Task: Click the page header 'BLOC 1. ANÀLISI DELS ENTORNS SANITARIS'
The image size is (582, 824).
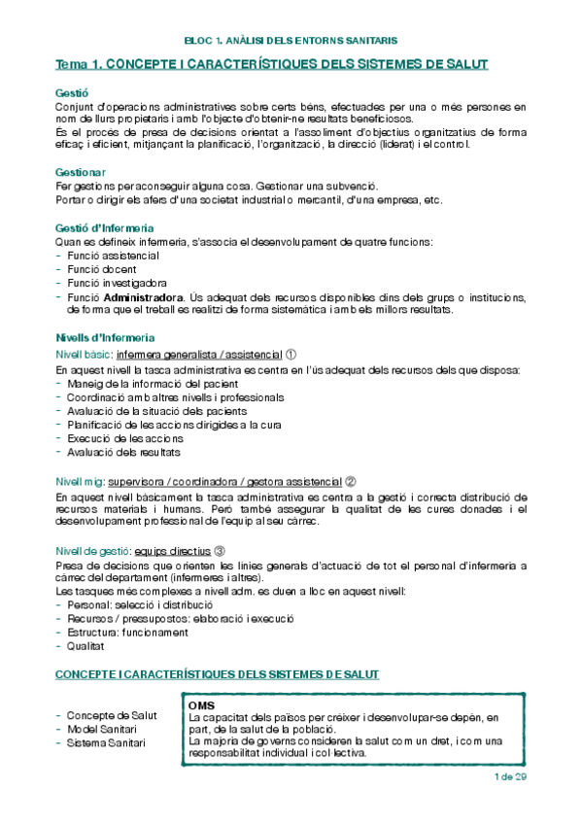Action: pos(290,41)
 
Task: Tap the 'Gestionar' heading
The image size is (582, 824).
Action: pos(82,172)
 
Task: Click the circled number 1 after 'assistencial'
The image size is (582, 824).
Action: pos(291,355)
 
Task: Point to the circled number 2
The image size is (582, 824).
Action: pos(351,481)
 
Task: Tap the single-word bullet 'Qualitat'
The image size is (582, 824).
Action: pos(86,646)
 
